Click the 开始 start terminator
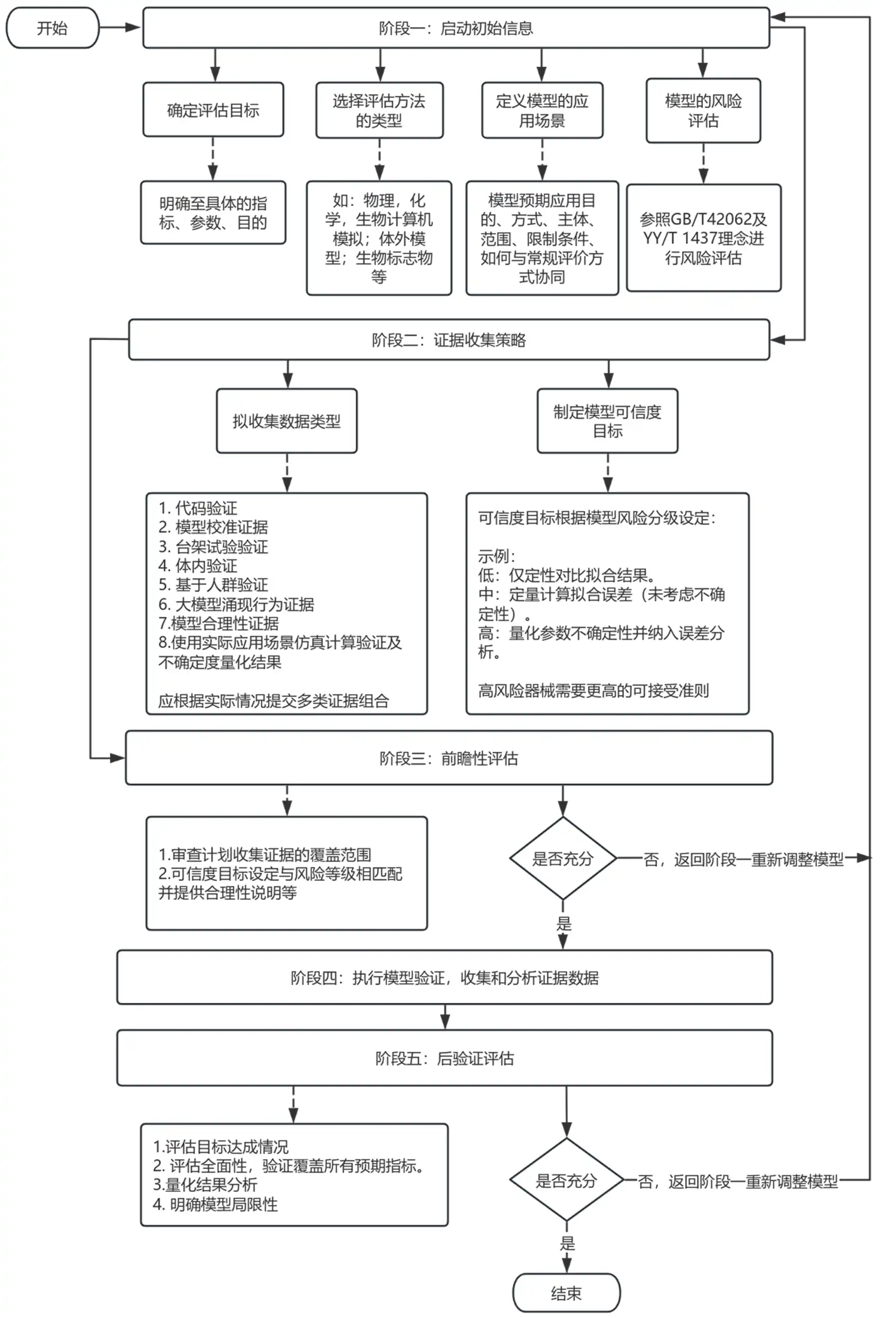(x=52, y=28)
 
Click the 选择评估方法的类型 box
(x=380, y=110)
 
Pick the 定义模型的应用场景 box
(x=542, y=110)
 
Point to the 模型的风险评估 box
(x=702, y=110)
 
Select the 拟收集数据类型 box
(x=286, y=421)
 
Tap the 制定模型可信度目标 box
(x=607, y=421)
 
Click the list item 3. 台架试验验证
(x=213, y=546)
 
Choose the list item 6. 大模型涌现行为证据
(x=236, y=604)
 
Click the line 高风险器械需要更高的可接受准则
(x=593, y=690)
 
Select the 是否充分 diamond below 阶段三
(x=562, y=859)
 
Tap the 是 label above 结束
(x=567, y=1244)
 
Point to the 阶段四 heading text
(x=444, y=978)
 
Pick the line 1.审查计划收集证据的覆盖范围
(x=265, y=854)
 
